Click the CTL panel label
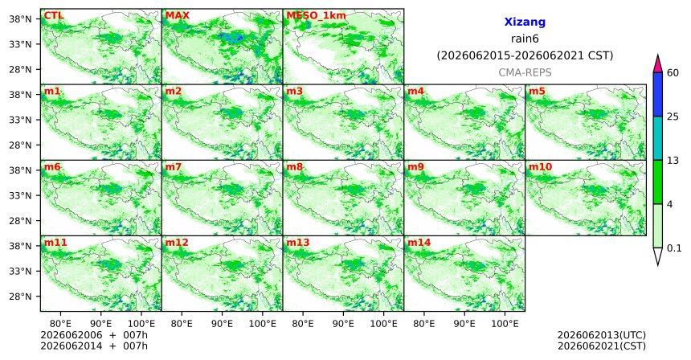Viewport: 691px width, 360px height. pos(53,16)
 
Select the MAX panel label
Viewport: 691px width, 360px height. pos(177,16)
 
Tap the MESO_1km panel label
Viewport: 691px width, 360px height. pos(316,16)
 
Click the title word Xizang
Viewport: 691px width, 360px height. pos(525,22)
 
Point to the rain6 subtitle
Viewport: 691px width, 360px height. pos(525,39)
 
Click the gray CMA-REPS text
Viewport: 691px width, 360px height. pos(525,72)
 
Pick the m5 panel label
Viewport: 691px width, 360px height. pos(537,92)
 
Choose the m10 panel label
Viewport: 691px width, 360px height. pos(540,167)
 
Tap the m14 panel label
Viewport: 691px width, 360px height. pos(419,243)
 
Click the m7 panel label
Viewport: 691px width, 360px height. pos(174,167)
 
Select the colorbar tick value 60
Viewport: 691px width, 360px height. pos(673,73)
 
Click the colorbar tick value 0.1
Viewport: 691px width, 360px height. pos(674,248)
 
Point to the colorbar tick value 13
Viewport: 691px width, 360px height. pos(673,161)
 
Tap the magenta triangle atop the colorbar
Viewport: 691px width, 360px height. pos(658,64)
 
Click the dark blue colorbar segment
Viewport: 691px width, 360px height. pos(658,94)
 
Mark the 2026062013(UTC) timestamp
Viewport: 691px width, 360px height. pos(602,336)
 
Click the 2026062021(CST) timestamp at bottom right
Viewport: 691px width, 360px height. pos(602,346)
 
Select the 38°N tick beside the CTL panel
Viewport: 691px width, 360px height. pos(20,19)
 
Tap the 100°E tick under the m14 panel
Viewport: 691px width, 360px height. pos(505,325)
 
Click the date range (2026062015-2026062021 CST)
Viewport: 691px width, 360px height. pos(525,56)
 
